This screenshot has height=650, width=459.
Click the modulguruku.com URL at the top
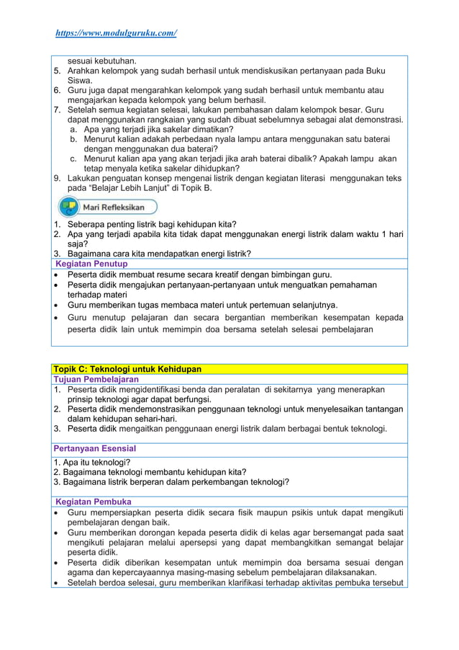coord(116,33)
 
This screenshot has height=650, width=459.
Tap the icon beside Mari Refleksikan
coord(69,208)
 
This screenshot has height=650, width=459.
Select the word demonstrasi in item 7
coord(378,119)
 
